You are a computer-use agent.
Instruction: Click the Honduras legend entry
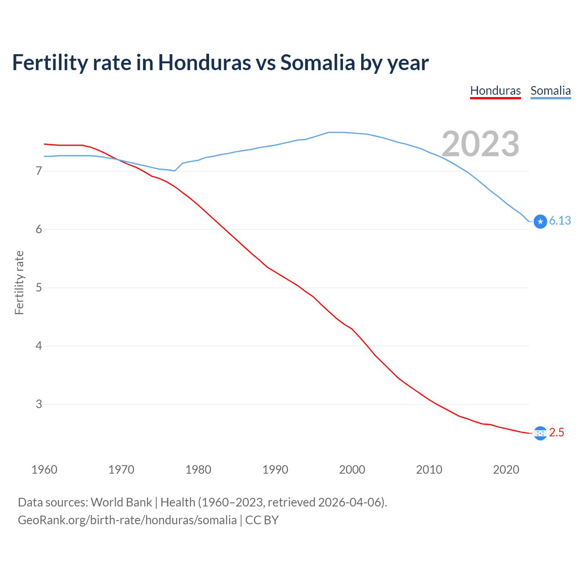click(x=495, y=91)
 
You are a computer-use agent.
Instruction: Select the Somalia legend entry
click(x=550, y=91)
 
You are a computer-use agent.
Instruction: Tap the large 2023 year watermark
click(x=481, y=144)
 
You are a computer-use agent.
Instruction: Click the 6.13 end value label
click(x=560, y=221)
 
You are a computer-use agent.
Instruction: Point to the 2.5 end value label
click(x=557, y=433)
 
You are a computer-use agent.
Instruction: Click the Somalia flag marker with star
click(x=540, y=221)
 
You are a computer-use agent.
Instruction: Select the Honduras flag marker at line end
click(x=540, y=433)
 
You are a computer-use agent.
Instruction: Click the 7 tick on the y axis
click(x=39, y=171)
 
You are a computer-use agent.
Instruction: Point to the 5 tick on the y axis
click(x=39, y=288)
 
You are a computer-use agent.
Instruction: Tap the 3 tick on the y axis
click(x=39, y=404)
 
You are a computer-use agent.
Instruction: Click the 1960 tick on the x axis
click(x=44, y=470)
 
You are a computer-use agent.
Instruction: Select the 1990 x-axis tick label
click(x=275, y=470)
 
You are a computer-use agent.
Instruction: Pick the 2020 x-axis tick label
click(x=506, y=470)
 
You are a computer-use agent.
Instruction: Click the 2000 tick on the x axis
click(x=352, y=470)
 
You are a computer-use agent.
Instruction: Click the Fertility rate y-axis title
click(x=19, y=282)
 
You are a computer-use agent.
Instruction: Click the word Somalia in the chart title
click(x=317, y=63)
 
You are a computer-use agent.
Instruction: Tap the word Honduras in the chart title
click(x=204, y=63)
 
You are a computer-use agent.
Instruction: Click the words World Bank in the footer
click(x=121, y=502)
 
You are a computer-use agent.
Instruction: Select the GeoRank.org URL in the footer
click(x=127, y=520)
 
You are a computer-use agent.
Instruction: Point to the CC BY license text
click(x=262, y=520)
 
